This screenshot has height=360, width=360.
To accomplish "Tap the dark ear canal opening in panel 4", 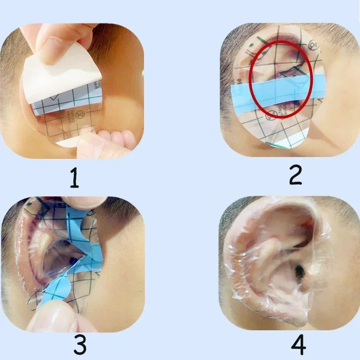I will [298, 271].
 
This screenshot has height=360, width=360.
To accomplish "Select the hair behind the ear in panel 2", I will [227, 67].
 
